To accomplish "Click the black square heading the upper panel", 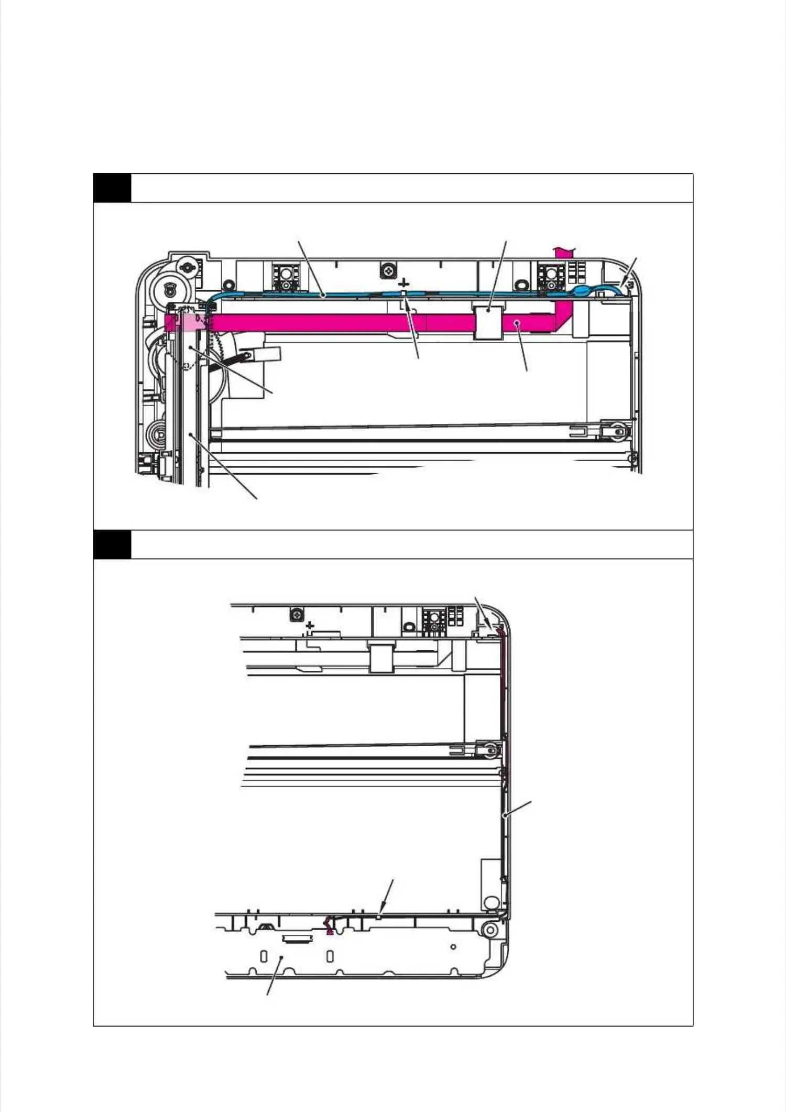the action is click(112, 188).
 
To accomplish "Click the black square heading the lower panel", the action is click(112, 544).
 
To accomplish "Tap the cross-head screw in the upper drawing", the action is click(388, 271).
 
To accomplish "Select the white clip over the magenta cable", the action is click(488, 321).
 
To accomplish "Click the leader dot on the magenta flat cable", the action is click(517, 323).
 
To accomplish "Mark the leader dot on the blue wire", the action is click(325, 296).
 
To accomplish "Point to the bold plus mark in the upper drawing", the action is click(403, 283).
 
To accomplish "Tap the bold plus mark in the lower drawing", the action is click(310, 625).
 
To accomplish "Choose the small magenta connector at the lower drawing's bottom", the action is click(329, 926).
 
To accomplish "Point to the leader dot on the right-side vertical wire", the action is click(504, 815).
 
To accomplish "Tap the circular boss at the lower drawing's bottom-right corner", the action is click(489, 930).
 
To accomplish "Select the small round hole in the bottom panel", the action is click(453, 947).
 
